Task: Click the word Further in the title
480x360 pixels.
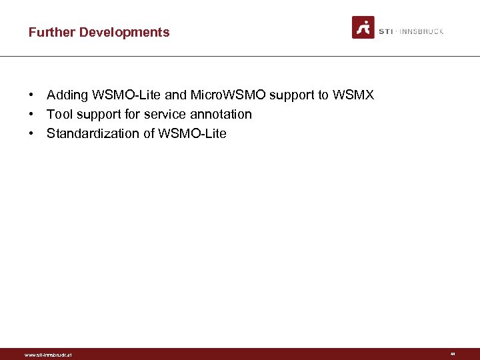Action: point(52,32)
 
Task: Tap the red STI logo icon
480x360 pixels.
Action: point(363,27)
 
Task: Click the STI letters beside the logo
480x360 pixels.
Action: point(386,31)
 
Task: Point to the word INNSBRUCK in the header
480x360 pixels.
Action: point(421,31)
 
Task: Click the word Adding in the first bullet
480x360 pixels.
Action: point(66,95)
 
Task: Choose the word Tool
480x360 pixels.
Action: point(59,114)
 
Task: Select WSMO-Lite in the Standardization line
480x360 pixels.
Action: point(192,133)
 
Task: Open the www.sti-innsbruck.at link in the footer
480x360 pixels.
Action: point(48,355)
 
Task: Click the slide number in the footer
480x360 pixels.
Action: point(453,354)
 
